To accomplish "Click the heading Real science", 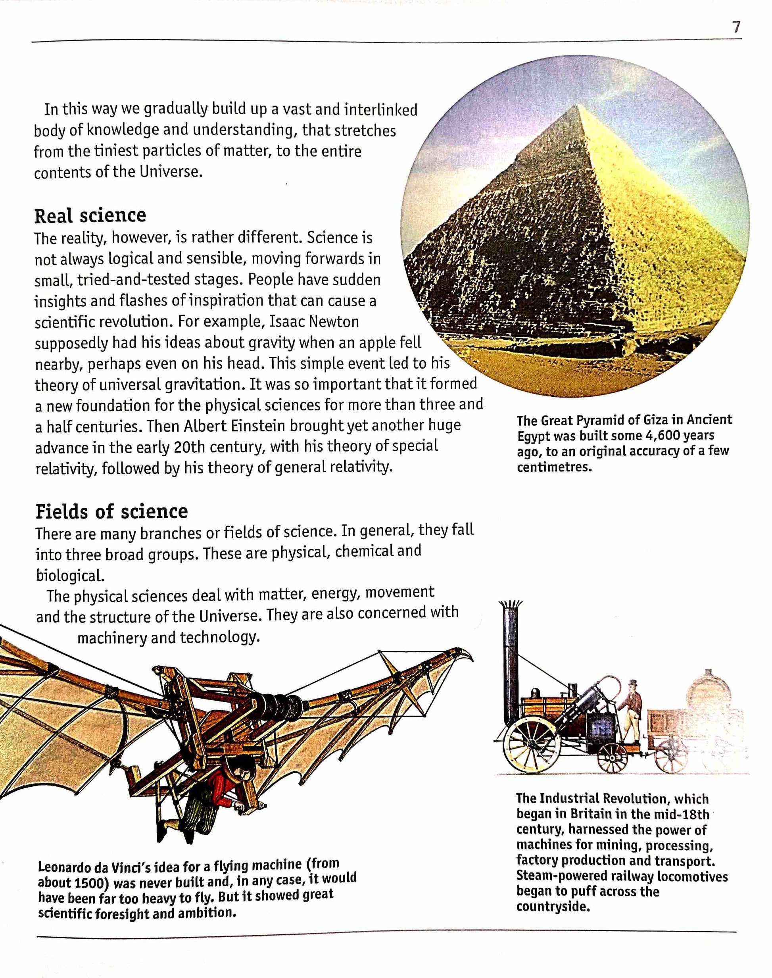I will coord(90,215).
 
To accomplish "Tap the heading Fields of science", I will coord(111,511).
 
